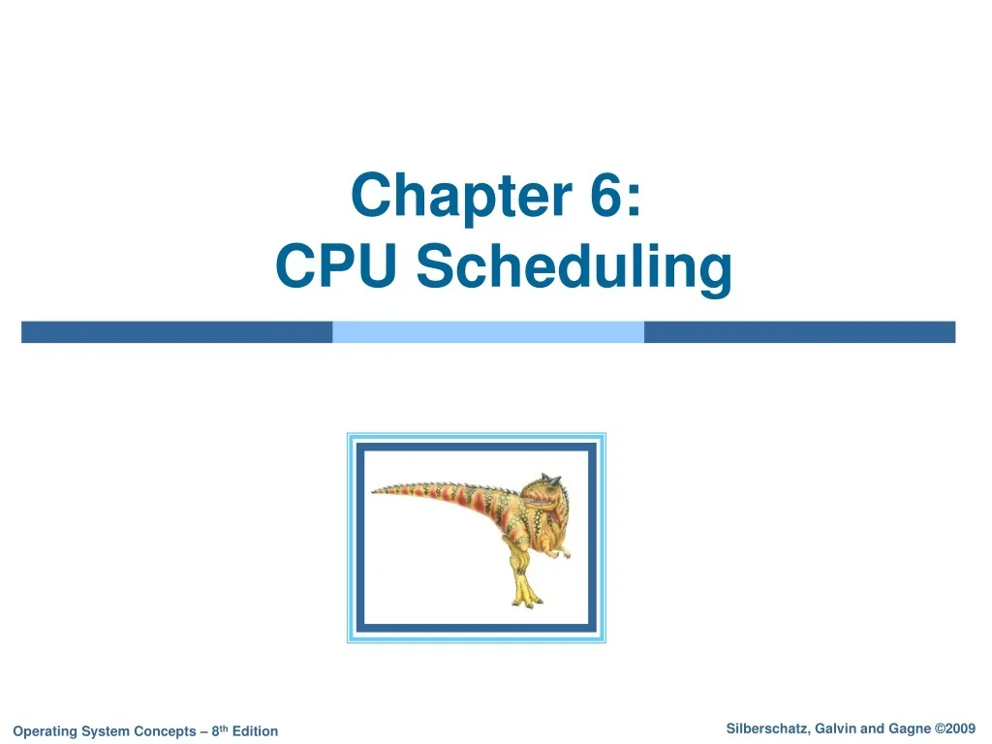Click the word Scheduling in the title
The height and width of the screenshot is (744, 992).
574,267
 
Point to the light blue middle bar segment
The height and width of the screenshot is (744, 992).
488,332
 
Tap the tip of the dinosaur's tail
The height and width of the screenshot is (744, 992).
375,491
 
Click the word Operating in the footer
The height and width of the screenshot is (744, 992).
46,731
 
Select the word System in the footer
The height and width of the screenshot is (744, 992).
105,731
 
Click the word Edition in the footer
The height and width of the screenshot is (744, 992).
255,731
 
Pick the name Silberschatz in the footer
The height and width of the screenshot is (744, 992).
767,729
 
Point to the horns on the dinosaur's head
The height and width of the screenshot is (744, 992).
550,478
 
